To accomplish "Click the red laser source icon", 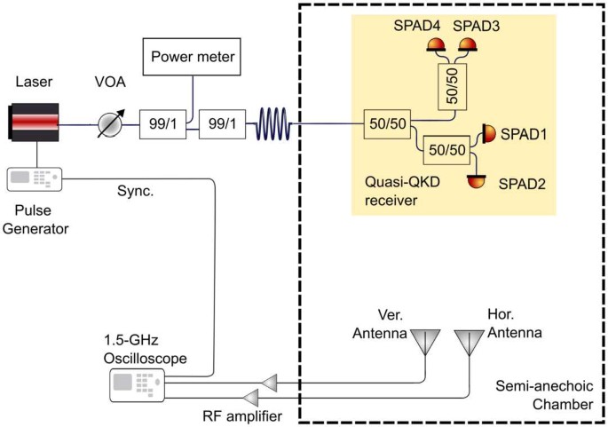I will point(34,121).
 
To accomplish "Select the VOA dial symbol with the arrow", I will point(111,122).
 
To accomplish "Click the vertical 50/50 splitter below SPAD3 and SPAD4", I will point(453,89).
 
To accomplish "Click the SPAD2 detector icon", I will point(478,181).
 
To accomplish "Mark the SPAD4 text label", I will point(417,27).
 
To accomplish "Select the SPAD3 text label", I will point(477,27).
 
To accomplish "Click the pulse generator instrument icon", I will point(35,178).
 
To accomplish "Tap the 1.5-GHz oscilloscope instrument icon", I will point(137,384).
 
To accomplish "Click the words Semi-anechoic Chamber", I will point(543,396).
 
